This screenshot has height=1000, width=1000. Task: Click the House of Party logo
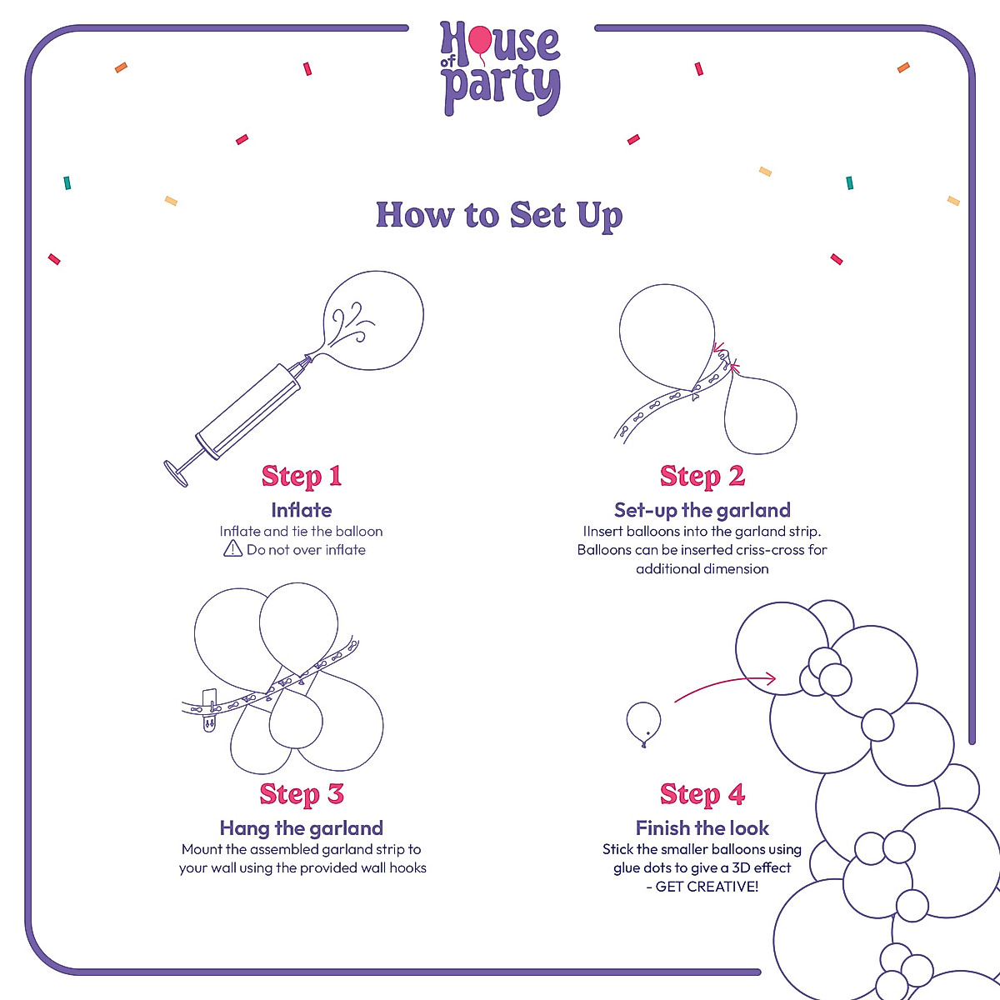coord(500,68)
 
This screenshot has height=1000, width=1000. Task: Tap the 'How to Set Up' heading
coord(499,215)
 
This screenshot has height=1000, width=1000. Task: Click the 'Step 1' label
coord(302,476)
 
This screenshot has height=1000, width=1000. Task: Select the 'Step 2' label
coord(702,476)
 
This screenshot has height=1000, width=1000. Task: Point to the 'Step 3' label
coord(302,794)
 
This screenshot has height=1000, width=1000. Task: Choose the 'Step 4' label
coord(702,794)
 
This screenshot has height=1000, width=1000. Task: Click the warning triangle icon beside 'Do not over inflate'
coord(232,548)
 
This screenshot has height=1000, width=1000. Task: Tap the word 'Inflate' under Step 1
coord(302,510)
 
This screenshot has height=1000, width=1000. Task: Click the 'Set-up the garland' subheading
coord(702,510)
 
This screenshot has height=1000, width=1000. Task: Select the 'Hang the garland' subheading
coord(302,828)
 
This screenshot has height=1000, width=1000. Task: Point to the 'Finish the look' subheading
coord(702,828)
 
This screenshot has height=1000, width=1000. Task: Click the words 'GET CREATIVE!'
coord(707,887)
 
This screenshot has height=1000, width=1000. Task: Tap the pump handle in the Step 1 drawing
coord(177,473)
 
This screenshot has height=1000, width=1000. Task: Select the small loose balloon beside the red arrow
coord(643,722)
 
